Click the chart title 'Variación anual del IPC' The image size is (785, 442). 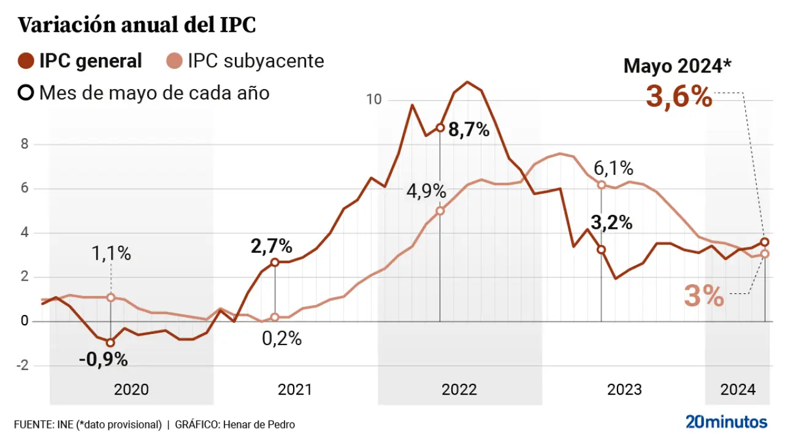point(136,26)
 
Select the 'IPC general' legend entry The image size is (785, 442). point(80,61)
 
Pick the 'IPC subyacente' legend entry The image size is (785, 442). point(245,61)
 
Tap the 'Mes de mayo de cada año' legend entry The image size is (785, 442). point(144,93)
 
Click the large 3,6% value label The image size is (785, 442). point(679,97)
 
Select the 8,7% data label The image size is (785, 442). point(469,130)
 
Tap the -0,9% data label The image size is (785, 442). point(103,360)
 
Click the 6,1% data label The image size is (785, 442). point(613,168)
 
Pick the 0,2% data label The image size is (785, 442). point(282,338)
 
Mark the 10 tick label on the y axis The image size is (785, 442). point(373,99)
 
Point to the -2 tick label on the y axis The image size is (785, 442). point(23,366)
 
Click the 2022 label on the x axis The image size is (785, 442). point(459,390)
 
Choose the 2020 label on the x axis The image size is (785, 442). point(131,390)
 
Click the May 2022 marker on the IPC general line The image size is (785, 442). point(440,128)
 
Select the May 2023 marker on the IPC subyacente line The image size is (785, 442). point(602,185)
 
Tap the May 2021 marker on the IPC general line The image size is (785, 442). point(275,262)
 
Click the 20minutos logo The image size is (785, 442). point(726,422)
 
